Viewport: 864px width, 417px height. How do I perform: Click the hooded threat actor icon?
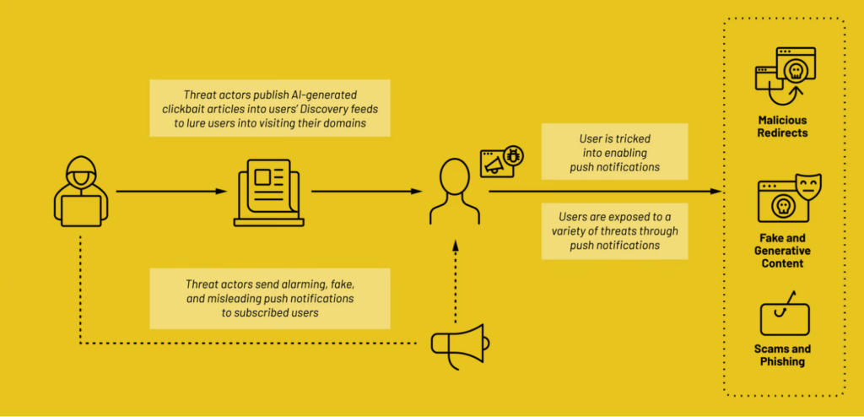pyautogui.click(x=81, y=192)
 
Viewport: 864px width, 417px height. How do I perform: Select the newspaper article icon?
pyautogui.click(x=268, y=192)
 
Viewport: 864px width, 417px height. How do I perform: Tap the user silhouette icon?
pyautogui.click(x=454, y=191)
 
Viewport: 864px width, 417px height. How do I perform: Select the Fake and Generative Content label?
pyautogui.click(x=782, y=251)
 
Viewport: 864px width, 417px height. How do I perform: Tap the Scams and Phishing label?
pyautogui.click(x=782, y=355)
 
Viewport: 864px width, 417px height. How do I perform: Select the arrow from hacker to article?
pyautogui.click(x=171, y=192)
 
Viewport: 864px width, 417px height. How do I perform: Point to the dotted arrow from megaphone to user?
pyautogui.click(x=455, y=281)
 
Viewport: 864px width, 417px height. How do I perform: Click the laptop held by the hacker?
pyautogui.click(x=81, y=211)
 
